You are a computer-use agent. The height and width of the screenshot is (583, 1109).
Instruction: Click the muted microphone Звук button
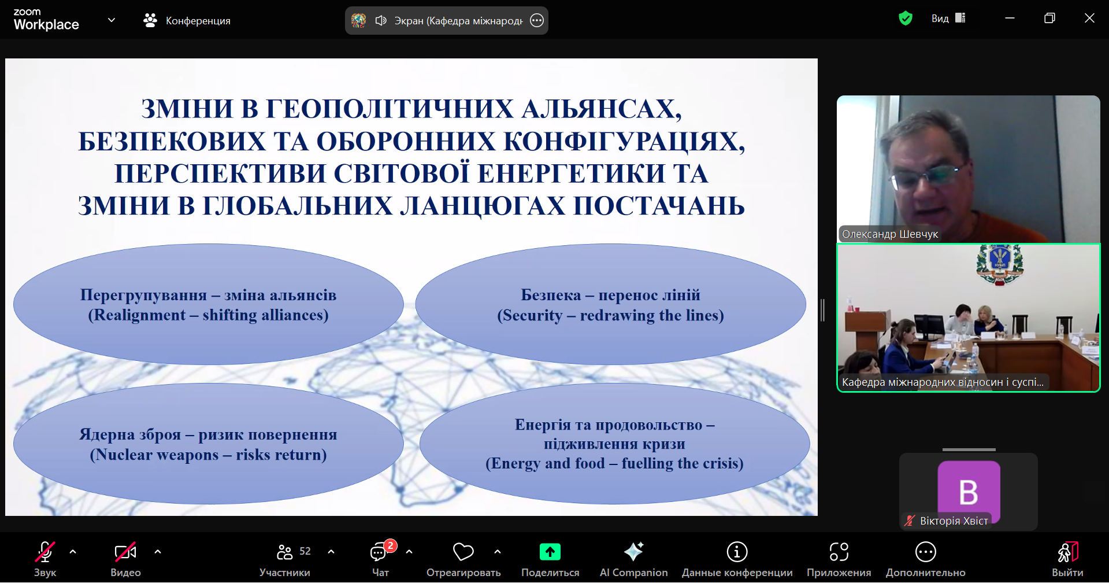pyautogui.click(x=45, y=552)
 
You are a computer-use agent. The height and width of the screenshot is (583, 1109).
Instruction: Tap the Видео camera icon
pyautogui.click(x=125, y=552)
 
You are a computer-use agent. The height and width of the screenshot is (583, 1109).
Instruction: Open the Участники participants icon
pyautogui.click(x=284, y=552)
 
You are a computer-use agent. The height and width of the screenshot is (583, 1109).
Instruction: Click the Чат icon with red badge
pyautogui.click(x=379, y=552)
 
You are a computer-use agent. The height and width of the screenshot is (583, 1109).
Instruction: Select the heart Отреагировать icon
pyautogui.click(x=463, y=552)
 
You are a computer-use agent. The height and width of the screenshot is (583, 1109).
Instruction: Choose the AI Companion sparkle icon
pyautogui.click(x=633, y=552)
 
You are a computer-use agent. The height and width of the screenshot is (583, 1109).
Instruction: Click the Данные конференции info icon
pyautogui.click(x=737, y=552)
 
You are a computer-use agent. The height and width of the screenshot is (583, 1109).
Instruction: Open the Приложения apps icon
pyautogui.click(x=839, y=552)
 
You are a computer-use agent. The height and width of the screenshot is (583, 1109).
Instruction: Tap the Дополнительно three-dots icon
pyautogui.click(x=926, y=552)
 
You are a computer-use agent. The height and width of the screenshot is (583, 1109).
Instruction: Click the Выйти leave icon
pyautogui.click(x=1067, y=552)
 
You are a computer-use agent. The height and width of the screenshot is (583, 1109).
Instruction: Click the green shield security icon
pyautogui.click(x=906, y=19)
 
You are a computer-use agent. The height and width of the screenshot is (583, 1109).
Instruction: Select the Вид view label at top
pyautogui.click(x=940, y=19)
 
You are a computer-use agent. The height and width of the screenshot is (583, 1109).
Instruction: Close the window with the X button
pyautogui.click(x=1089, y=18)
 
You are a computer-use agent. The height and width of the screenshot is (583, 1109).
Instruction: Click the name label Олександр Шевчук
pyautogui.click(x=890, y=234)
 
